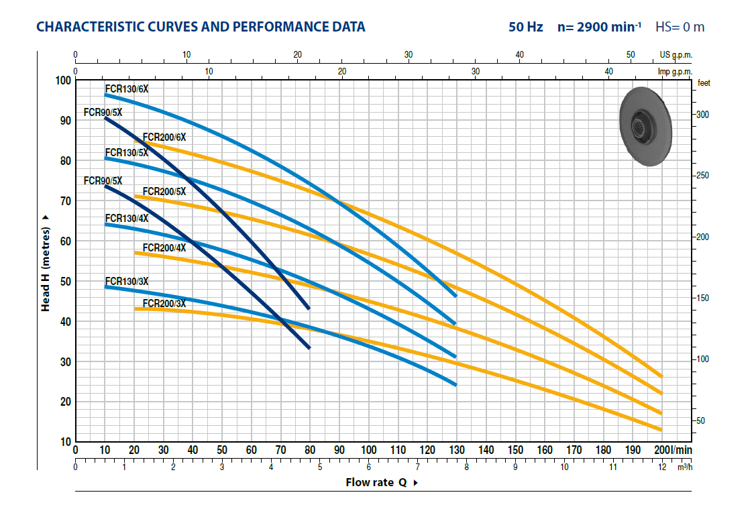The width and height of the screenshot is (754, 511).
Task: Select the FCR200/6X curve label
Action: (x=164, y=137)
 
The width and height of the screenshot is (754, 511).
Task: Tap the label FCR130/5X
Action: (x=126, y=152)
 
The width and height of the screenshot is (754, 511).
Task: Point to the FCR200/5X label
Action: (x=164, y=191)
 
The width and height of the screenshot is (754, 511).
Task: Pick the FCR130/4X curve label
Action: (x=126, y=218)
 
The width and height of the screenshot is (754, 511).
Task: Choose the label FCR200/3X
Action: (x=164, y=303)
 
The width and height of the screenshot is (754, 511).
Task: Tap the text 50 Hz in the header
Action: (x=525, y=27)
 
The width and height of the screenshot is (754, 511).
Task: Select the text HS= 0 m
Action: (x=680, y=27)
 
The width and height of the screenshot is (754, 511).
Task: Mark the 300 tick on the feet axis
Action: (x=702, y=115)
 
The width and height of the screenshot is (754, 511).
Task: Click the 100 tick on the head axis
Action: (x=62, y=80)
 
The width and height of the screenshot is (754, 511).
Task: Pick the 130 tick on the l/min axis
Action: (x=456, y=450)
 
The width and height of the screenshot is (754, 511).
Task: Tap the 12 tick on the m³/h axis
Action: (x=662, y=467)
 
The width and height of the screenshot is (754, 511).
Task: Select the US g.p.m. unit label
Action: (x=676, y=55)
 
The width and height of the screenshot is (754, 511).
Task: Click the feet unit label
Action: (x=704, y=83)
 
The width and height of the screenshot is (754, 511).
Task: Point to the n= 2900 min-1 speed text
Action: (x=599, y=27)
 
